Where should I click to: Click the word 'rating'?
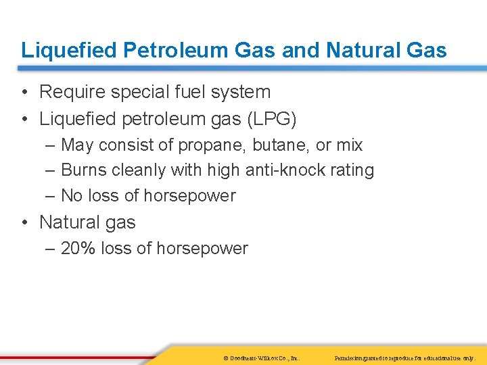(x=352, y=170)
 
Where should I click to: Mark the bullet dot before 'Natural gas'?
(x=24, y=222)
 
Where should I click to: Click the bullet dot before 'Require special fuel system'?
(x=24, y=93)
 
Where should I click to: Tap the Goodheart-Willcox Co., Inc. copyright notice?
(x=261, y=357)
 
